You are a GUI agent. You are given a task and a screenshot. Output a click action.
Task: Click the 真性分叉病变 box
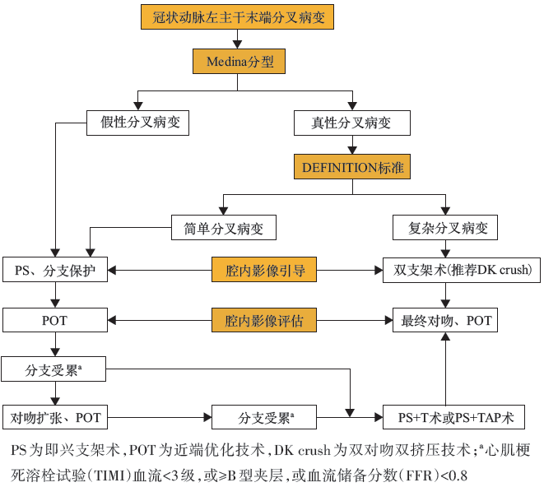[351, 123]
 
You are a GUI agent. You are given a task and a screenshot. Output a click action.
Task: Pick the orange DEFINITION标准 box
[351, 167]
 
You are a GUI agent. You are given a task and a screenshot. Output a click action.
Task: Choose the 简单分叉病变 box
[223, 228]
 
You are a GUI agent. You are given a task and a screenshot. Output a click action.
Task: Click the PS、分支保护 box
[55, 270]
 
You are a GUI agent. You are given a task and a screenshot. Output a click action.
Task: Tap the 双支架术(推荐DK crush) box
[463, 270]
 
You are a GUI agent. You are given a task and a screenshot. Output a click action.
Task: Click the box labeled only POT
[55, 320]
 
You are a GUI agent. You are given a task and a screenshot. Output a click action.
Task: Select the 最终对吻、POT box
[445, 320]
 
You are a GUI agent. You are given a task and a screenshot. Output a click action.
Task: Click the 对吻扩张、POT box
[55, 418]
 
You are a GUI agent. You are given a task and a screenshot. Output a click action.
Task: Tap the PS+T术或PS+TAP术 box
[455, 418]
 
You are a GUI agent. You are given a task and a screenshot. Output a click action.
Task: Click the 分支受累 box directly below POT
[55, 369]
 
